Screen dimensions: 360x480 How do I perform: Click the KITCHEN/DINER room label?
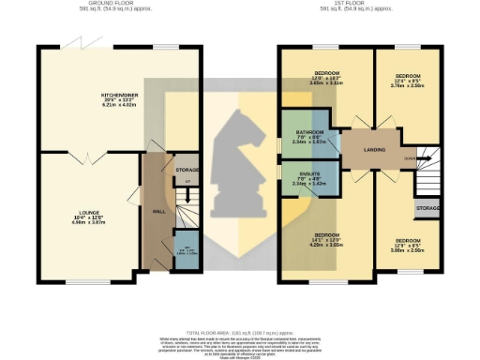click(119, 96)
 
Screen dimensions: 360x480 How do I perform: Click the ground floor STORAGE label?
click(187, 170)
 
